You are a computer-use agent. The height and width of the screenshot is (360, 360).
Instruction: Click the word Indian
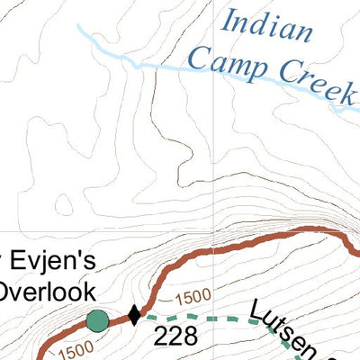(269, 28)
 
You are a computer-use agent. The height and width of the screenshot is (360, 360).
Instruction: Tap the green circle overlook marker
(97, 319)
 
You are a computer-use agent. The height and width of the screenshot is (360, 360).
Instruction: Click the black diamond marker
(134, 315)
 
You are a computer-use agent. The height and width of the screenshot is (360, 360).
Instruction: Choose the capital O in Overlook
(8, 291)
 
